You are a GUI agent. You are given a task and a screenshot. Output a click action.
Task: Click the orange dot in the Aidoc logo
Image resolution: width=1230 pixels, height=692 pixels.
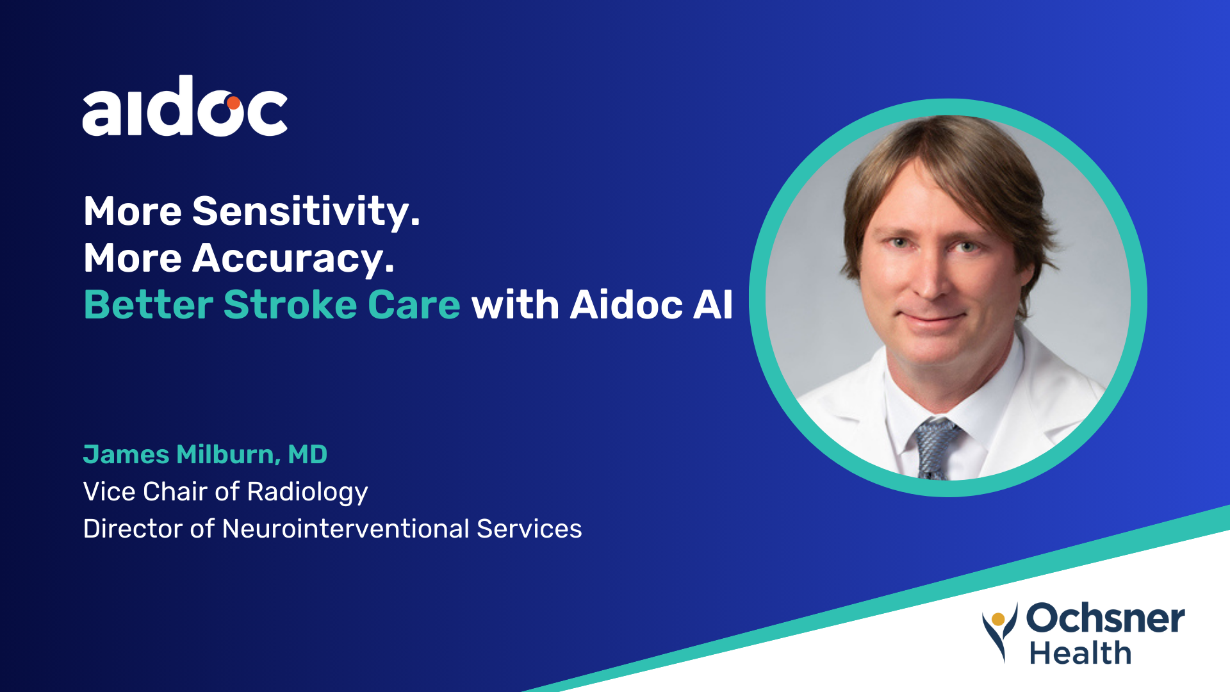(233, 103)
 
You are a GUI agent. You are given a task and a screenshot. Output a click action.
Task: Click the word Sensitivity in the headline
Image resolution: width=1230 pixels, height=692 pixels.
(306, 211)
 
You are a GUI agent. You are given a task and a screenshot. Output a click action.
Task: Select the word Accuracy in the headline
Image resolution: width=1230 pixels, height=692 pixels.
(293, 259)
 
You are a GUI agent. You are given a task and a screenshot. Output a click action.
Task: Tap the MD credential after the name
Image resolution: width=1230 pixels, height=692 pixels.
(307, 454)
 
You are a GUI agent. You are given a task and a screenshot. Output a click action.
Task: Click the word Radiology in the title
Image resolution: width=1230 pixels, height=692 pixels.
(307, 492)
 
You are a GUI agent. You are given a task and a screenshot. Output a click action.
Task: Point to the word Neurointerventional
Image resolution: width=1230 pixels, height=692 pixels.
(346, 529)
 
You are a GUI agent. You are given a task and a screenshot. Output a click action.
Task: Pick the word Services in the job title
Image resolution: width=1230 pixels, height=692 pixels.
(529, 529)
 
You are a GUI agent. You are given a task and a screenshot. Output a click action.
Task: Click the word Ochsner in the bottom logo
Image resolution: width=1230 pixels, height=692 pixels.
(1105, 618)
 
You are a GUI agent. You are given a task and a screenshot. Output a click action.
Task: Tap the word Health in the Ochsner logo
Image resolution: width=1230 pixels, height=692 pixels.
(1080, 653)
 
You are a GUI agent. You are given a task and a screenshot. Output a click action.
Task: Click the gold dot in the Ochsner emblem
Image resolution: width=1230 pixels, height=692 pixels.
(998, 619)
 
